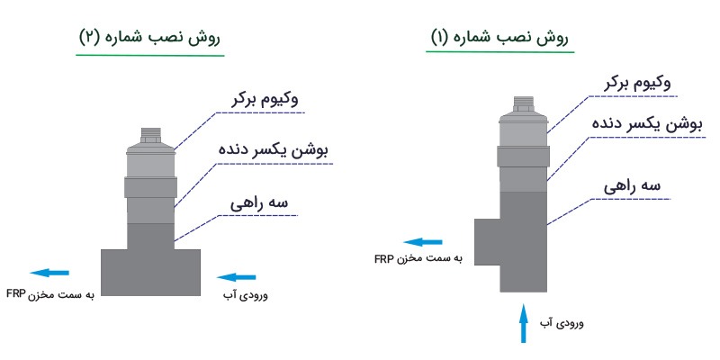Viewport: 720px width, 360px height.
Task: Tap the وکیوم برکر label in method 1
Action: coord(637,83)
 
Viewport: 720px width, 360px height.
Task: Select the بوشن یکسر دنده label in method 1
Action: coord(638,122)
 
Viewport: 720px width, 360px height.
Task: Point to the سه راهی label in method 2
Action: coord(261,204)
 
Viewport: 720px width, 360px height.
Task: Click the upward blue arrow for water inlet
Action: coord(523,323)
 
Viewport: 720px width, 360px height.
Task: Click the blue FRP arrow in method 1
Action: coord(422,242)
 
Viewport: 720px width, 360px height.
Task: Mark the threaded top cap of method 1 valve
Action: coord(522,105)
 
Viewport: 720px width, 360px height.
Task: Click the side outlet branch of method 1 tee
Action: coord(487,241)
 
